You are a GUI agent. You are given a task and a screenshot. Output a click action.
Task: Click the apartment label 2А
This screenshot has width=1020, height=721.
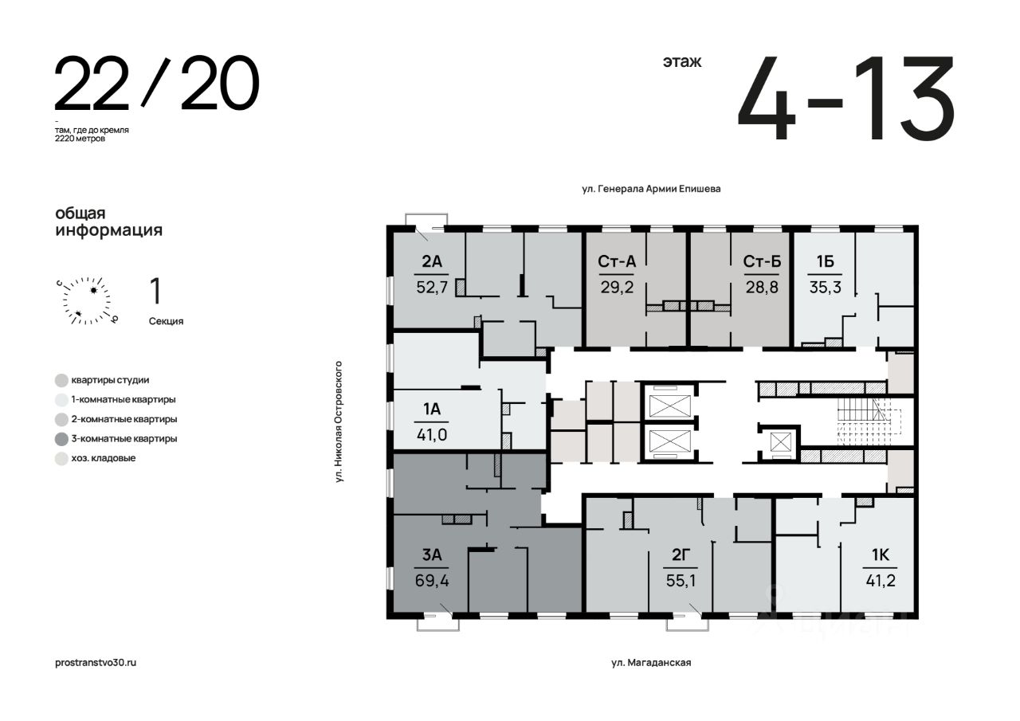pyautogui.click(x=432, y=261)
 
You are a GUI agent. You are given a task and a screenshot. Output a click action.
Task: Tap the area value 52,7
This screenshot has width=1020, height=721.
pyautogui.click(x=432, y=288)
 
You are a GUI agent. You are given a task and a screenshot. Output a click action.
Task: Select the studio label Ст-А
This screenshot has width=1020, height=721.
pyautogui.click(x=617, y=261)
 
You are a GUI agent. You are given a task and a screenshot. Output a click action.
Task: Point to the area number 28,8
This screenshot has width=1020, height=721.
pyautogui.click(x=762, y=288)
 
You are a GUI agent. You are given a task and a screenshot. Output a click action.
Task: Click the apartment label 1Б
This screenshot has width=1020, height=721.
pyautogui.click(x=825, y=261)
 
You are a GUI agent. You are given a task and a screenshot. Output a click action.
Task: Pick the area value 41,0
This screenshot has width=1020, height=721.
pyautogui.click(x=432, y=435)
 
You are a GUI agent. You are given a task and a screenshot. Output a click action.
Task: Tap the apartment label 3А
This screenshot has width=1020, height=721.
pyautogui.click(x=432, y=554)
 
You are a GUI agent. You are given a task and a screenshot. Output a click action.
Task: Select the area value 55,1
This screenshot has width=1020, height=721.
pyautogui.click(x=681, y=581)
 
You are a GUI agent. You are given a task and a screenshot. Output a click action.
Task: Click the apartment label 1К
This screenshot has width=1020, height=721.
pyautogui.click(x=881, y=554)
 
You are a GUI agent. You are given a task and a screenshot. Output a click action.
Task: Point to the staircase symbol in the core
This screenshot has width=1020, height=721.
pyautogui.click(x=869, y=421)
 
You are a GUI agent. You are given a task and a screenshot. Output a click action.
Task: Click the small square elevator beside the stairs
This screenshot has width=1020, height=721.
pyautogui.click(x=782, y=442)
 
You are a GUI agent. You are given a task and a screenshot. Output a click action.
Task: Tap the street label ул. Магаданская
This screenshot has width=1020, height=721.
pyautogui.click(x=651, y=663)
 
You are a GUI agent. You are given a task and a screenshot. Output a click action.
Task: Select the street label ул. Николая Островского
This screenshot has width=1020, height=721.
pyautogui.click(x=339, y=421)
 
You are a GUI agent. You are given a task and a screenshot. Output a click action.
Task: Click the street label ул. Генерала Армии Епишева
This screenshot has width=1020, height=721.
pyautogui.click(x=651, y=189)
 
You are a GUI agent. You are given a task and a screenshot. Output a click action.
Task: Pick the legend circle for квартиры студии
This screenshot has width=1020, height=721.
pyautogui.click(x=61, y=380)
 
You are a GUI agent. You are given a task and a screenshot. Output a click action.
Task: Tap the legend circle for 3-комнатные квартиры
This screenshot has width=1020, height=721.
pyautogui.click(x=61, y=439)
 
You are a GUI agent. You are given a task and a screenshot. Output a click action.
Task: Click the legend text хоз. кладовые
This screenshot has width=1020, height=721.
pyautogui.click(x=104, y=458)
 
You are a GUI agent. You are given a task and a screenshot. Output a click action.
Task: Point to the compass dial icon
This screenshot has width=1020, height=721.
pyautogui.click(x=87, y=300)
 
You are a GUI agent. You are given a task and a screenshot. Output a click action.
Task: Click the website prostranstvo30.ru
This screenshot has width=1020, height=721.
pyautogui.click(x=96, y=663)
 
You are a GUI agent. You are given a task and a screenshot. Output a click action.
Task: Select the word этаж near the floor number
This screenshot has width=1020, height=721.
pyautogui.click(x=682, y=61)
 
